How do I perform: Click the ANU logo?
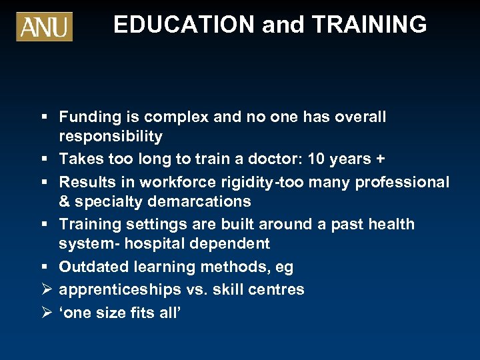[44, 26]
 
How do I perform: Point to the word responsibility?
[111, 137]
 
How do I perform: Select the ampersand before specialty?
[65, 201]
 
